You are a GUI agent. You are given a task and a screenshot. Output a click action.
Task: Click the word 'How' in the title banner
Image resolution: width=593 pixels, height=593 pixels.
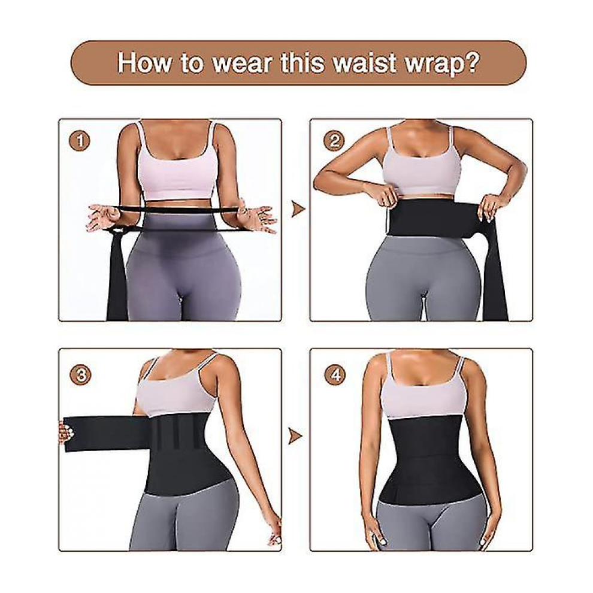[x=144, y=62]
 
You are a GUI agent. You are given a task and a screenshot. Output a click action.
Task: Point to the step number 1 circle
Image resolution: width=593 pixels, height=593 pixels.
[x=80, y=141]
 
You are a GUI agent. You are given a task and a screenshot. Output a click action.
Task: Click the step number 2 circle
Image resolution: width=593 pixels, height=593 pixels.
[x=334, y=141]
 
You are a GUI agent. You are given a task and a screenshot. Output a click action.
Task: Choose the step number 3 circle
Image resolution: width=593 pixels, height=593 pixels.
[x=80, y=375]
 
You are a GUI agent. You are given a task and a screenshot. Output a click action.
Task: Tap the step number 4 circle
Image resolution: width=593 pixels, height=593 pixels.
[x=335, y=375]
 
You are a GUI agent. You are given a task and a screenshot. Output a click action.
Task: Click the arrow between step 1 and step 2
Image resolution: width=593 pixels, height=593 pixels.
[x=298, y=209]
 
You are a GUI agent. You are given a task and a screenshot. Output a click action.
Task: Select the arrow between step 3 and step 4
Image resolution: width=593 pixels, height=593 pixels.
[x=296, y=436]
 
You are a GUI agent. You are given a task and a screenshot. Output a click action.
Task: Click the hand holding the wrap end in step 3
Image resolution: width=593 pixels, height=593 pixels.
[x=63, y=433]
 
